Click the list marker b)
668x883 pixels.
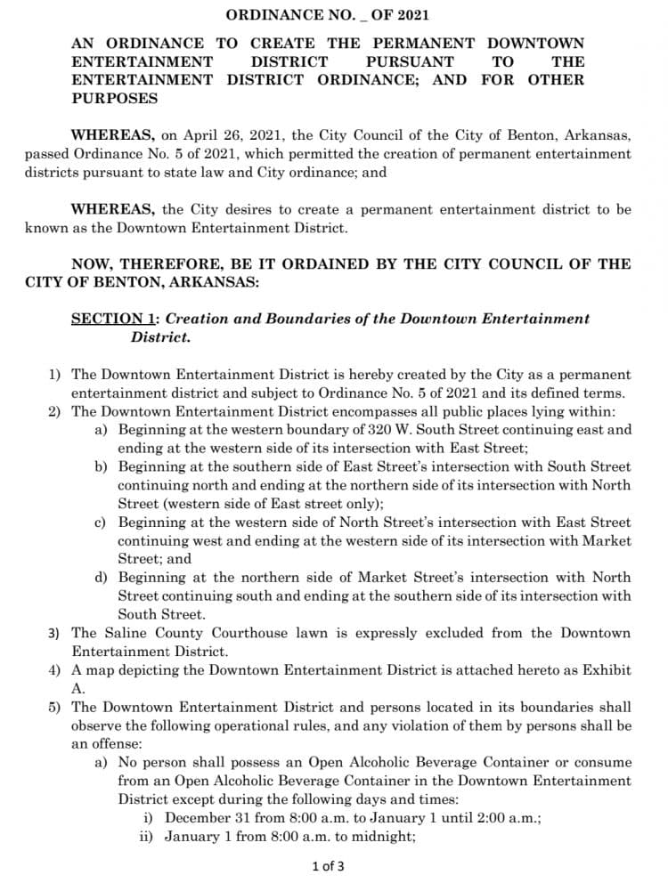click(102, 466)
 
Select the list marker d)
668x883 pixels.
click(102, 578)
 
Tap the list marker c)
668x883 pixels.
click(102, 523)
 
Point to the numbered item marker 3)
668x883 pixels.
click(55, 633)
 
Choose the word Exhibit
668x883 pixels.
click(607, 670)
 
